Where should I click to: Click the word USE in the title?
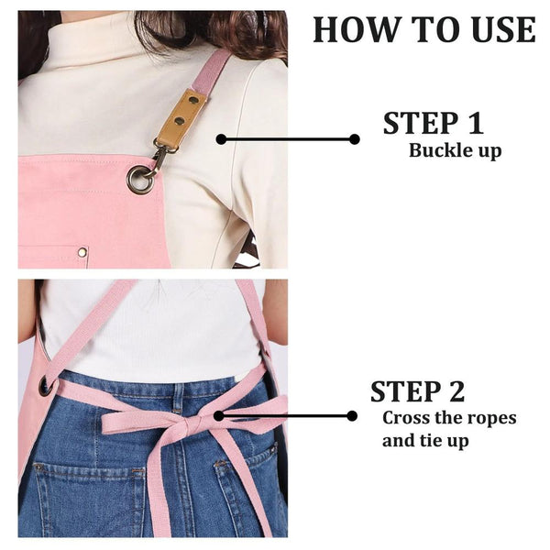point(503,29)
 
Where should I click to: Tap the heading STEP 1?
point(434,123)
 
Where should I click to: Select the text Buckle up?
point(455,151)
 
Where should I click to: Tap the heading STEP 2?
point(417,390)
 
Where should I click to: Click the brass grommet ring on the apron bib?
point(140,180)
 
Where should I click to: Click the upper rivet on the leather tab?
point(192,100)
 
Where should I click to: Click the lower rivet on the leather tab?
point(180,121)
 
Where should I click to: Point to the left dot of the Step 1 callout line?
point(221,139)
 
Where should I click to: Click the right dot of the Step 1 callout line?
point(354,139)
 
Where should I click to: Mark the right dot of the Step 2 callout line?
point(352,416)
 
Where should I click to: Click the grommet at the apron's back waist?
point(45,387)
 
